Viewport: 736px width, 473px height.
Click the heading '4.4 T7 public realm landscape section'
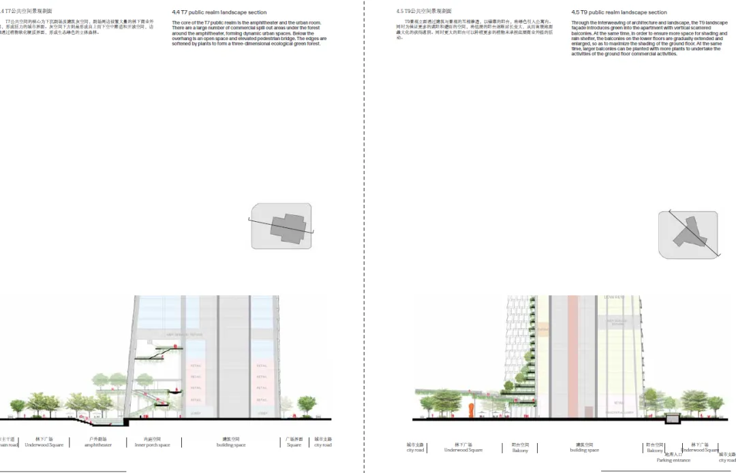(219, 12)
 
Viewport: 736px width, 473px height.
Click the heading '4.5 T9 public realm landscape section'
(619, 12)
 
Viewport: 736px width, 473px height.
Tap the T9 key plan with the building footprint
(688, 234)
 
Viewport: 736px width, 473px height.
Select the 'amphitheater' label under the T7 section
(98, 445)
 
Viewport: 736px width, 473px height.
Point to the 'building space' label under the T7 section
(231, 445)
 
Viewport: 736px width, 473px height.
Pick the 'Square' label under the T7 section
(294, 445)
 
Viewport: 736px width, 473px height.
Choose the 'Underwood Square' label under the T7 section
(44, 445)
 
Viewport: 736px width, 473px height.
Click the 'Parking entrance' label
(673, 460)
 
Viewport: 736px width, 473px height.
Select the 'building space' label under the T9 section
(584, 450)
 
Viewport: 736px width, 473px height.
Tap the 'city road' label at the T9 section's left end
(415, 450)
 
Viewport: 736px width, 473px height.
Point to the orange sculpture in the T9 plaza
(471, 408)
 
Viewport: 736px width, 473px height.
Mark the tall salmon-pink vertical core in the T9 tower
(573, 354)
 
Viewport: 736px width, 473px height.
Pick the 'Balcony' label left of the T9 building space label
(520, 450)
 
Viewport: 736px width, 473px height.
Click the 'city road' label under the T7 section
(322, 445)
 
